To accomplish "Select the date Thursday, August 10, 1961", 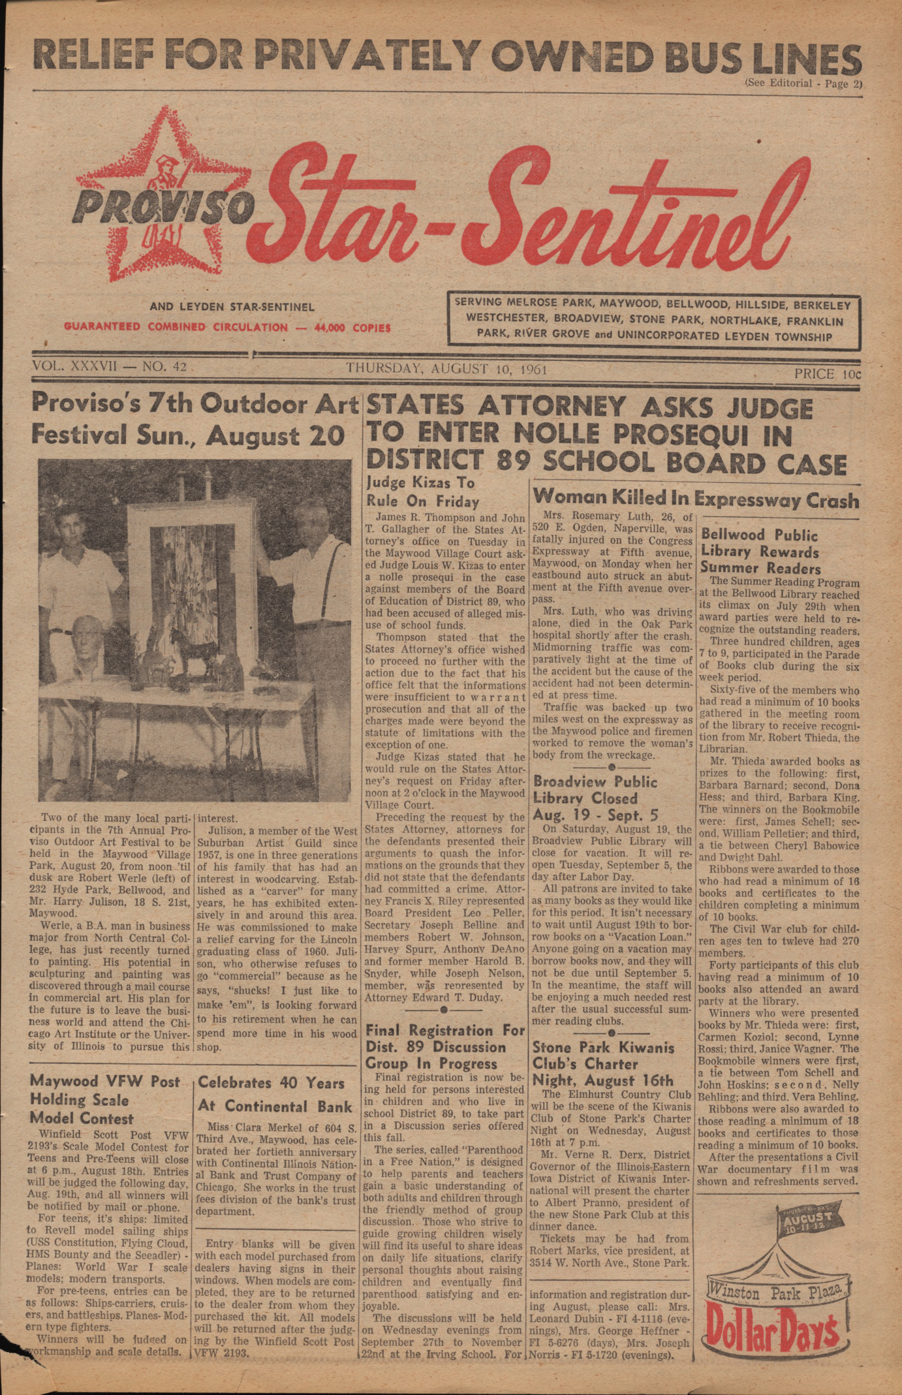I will (446, 369).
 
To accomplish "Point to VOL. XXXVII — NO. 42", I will (109, 367).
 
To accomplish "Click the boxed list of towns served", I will (653, 319).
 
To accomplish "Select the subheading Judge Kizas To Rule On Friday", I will (421, 492).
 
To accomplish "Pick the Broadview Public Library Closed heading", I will (595, 797).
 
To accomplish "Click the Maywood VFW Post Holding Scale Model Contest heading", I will (104, 1099).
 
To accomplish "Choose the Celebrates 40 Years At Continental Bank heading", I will (271, 1094).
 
